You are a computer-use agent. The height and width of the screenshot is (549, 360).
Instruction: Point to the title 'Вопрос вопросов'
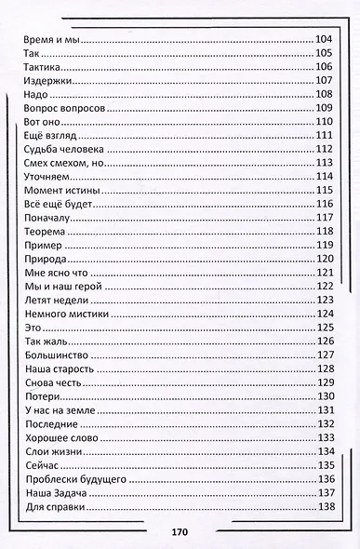pyautogui.click(x=58, y=107)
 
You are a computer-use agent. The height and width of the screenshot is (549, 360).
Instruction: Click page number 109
pyautogui.click(x=325, y=107)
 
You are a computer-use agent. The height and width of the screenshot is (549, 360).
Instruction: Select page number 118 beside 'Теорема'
pyautogui.click(x=325, y=231)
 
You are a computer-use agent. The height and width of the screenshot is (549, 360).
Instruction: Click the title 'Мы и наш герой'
pyautogui.click(x=60, y=286)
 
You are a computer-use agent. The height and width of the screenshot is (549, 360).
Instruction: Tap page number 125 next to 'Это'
pyautogui.click(x=325, y=327)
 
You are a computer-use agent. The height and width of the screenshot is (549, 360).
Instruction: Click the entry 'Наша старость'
pyautogui.click(x=55, y=368)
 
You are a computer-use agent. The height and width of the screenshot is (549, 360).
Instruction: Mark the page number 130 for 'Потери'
pyautogui.click(x=325, y=395)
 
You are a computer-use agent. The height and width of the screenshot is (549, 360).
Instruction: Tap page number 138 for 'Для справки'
pyautogui.click(x=325, y=506)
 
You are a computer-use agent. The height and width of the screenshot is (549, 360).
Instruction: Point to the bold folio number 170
pyautogui.click(x=180, y=531)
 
